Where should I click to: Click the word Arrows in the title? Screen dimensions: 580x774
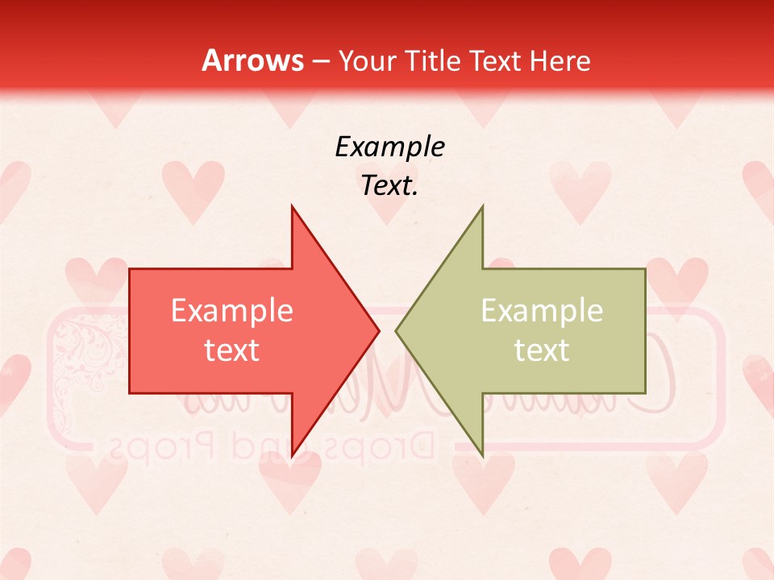coord(252,60)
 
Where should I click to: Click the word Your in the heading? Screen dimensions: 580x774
coord(366,61)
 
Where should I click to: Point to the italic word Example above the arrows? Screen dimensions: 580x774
coord(389,147)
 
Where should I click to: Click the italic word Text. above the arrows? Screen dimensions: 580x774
coord(389,186)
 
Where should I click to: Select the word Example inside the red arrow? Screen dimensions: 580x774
coord(232,311)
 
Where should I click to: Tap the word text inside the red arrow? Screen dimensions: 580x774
coord(232,350)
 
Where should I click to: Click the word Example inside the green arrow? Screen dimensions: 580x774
coord(542,311)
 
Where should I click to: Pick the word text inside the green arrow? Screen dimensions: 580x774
coord(542,350)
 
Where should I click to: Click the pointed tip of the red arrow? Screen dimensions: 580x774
coord(379,330)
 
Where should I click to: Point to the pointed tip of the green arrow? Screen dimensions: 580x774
coord(396,330)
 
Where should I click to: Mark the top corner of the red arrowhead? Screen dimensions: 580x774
coord(292,206)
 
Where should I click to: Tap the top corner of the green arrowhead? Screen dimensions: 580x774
coord(483,206)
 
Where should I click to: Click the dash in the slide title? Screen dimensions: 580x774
coord(319,61)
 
